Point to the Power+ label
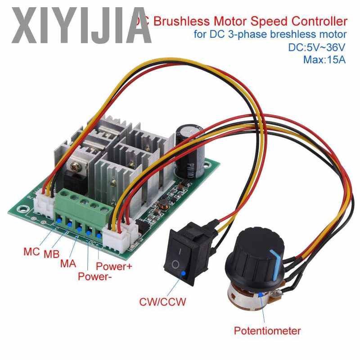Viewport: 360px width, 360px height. [114, 266]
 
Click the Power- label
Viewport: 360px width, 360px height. [95, 276]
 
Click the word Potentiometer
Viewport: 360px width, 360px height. [267, 331]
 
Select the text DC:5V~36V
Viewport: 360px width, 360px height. [317, 47]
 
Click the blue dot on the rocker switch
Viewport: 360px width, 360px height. [183, 273]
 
